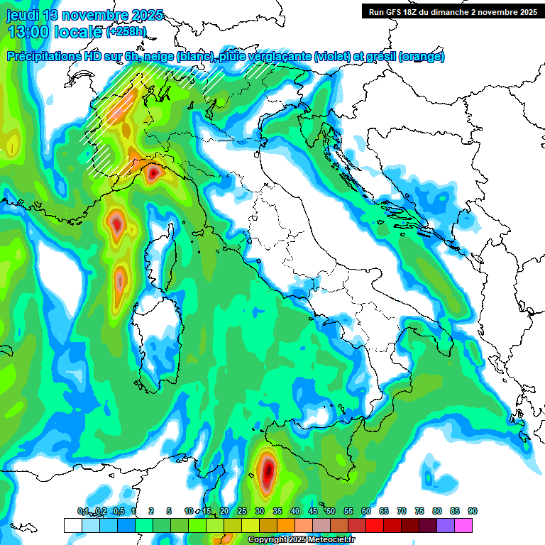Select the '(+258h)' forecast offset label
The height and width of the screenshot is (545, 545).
tap(128, 32)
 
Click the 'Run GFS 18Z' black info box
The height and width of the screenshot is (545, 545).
tap(453, 11)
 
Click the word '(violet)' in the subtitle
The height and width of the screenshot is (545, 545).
tap(336, 57)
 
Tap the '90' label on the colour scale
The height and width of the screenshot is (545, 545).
tap(472, 511)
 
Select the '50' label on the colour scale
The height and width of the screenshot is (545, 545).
tap(330, 511)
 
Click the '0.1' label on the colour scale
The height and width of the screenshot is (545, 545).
tap(83, 511)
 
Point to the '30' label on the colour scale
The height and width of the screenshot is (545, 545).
tap(259, 511)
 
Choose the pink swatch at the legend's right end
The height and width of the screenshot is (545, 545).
tap(463, 525)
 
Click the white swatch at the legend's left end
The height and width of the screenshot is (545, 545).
tap(72, 525)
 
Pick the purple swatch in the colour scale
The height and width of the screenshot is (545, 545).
tap(446, 525)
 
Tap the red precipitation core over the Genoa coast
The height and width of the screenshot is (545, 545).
tap(153, 171)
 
